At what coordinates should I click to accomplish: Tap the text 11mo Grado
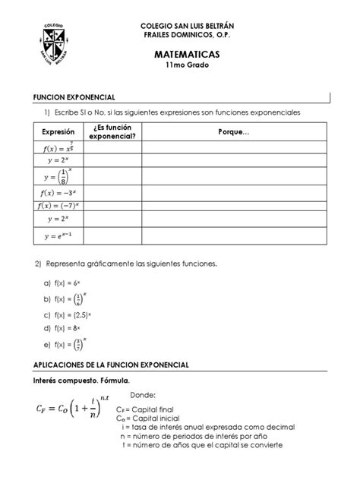186,67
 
